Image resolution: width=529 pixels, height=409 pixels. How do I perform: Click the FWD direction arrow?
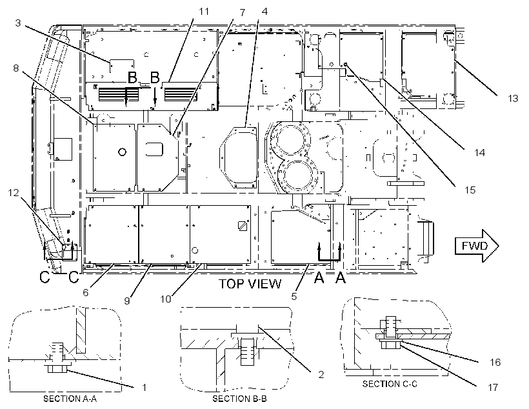(x=476, y=246)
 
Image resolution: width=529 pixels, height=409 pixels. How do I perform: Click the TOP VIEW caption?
(x=250, y=284)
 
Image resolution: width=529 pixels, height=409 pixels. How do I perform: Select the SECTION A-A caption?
(x=70, y=399)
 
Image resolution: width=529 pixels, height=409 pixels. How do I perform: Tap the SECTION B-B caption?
(x=239, y=399)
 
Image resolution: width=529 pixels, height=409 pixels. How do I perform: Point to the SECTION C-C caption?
(x=390, y=384)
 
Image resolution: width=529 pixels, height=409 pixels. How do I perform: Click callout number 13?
(x=512, y=99)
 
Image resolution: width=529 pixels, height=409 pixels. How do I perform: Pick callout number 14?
(x=479, y=152)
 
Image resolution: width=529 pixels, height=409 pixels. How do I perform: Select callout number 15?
(x=470, y=190)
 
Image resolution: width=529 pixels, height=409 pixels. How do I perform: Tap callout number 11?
(x=204, y=12)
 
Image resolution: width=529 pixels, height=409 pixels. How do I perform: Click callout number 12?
(x=14, y=193)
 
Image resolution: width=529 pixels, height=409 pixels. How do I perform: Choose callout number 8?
(x=16, y=68)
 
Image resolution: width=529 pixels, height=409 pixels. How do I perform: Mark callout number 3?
(x=18, y=23)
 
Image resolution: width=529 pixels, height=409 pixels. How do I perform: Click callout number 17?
(x=493, y=387)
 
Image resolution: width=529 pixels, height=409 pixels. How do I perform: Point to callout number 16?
(x=495, y=362)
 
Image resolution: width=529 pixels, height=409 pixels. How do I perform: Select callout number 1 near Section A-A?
(x=144, y=388)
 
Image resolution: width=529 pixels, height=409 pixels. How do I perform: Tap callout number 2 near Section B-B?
(x=321, y=374)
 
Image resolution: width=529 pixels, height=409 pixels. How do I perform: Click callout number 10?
(x=166, y=299)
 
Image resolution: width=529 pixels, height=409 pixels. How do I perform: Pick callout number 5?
(x=294, y=296)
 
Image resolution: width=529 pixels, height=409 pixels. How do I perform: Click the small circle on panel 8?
(x=122, y=152)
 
